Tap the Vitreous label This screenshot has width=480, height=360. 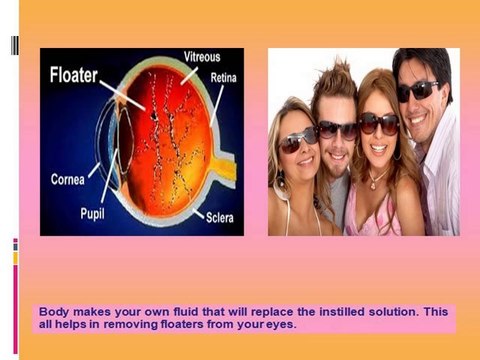point(189,58)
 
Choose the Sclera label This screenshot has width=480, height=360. point(220,217)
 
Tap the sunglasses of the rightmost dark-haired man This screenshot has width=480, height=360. point(416,92)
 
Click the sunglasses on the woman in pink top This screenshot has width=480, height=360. point(378,122)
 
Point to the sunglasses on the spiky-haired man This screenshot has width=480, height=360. point(336,129)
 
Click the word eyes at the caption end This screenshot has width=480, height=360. point(282,325)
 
